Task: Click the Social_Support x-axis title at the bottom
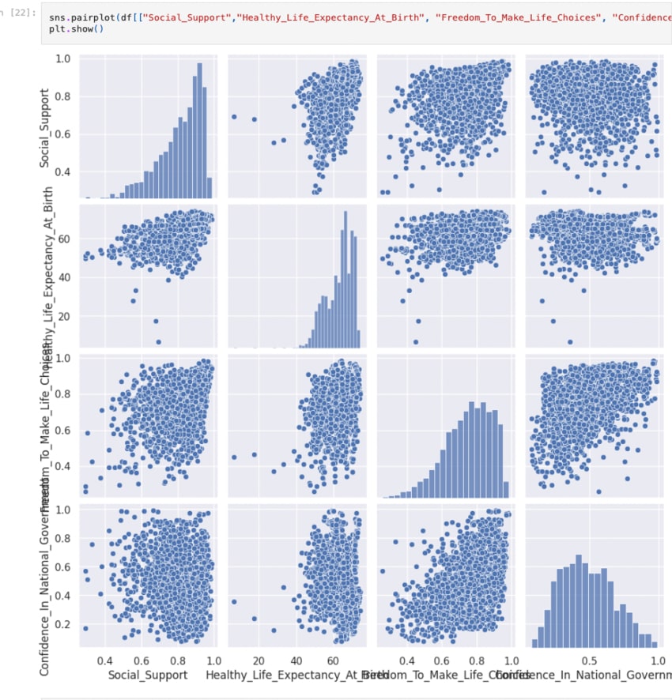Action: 148,675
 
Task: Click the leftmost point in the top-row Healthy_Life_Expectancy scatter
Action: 234,116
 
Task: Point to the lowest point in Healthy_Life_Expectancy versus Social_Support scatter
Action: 158,342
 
